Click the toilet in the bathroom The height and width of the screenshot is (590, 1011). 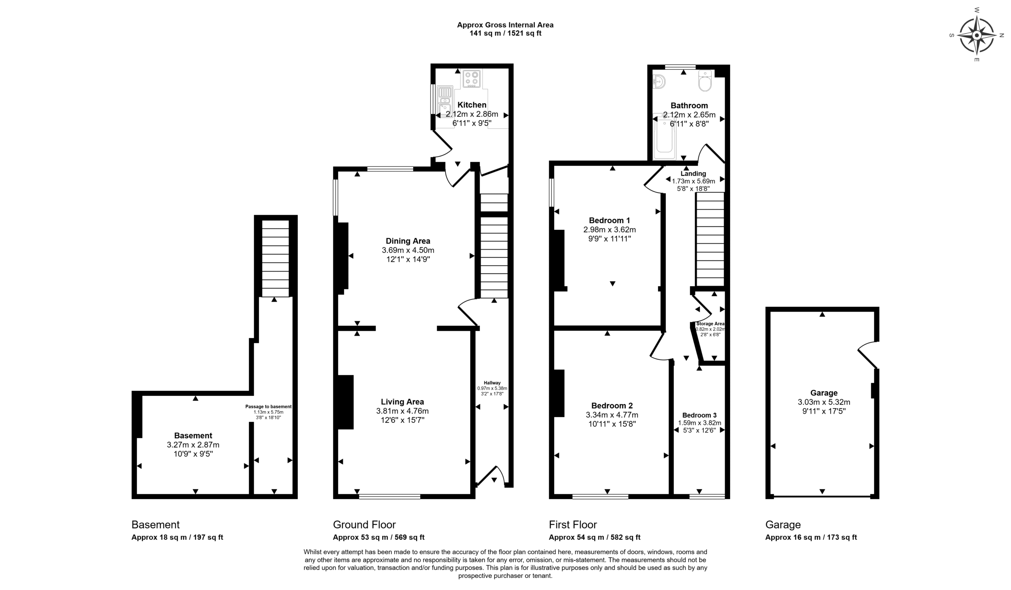(705, 81)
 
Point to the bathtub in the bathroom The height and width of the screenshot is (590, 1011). (664, 136)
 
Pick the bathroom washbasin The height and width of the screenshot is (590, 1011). (659, 82)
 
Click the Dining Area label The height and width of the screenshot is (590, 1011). (408, 241)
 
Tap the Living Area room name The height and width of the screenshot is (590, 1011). (402, 402)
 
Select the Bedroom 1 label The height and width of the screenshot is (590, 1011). (609, 221)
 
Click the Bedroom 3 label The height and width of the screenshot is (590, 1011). (699, 415)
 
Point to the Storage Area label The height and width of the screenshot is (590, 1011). (710, 323)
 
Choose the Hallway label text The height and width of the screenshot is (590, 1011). (492, 383)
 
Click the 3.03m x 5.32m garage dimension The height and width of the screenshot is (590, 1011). (824, 402)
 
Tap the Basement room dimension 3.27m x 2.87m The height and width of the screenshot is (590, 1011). (193, 444)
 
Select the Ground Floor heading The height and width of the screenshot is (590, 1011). (364, 524)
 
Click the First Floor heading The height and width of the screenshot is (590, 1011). (573, 524)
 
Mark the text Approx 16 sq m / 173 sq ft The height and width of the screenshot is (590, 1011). (811, 537)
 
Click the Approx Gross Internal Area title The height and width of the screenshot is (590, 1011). (505, 25)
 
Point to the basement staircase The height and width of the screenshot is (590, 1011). (275, 258)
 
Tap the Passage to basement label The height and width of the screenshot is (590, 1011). (269, 407)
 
